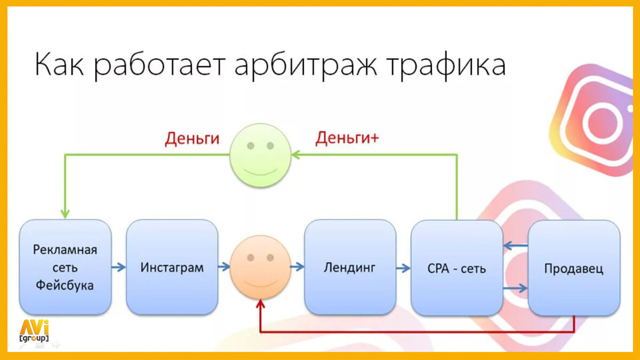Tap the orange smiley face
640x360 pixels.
pyautogui.click(x=260, y=267)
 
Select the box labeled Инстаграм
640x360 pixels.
pyautogui.click(x=172, y=267)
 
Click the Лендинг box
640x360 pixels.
pyautogui.click(x=350, y=267)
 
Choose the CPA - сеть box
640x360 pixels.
pyautogui.click(x=457, y=268)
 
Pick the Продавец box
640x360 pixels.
pyautogui.click(x=574, y=268)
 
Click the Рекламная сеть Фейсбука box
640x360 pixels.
pyautogui.click(x=65, y=267)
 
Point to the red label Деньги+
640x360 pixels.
pyautogui.click(x=347, y=138)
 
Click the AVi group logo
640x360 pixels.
pyautogui.click(x=34, y=331)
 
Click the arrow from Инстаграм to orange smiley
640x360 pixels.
pyautogui.click(x=224, y=267)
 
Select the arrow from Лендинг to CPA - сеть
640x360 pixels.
pyautogui.click(x=403, y=267)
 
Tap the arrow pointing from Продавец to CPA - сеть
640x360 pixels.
pyautogui.click(x=515, y=246)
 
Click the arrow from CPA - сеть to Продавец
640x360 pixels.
pyautogui.click(x=515, y=288)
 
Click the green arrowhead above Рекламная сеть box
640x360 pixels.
pyautogui.click(x=65, y=212)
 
